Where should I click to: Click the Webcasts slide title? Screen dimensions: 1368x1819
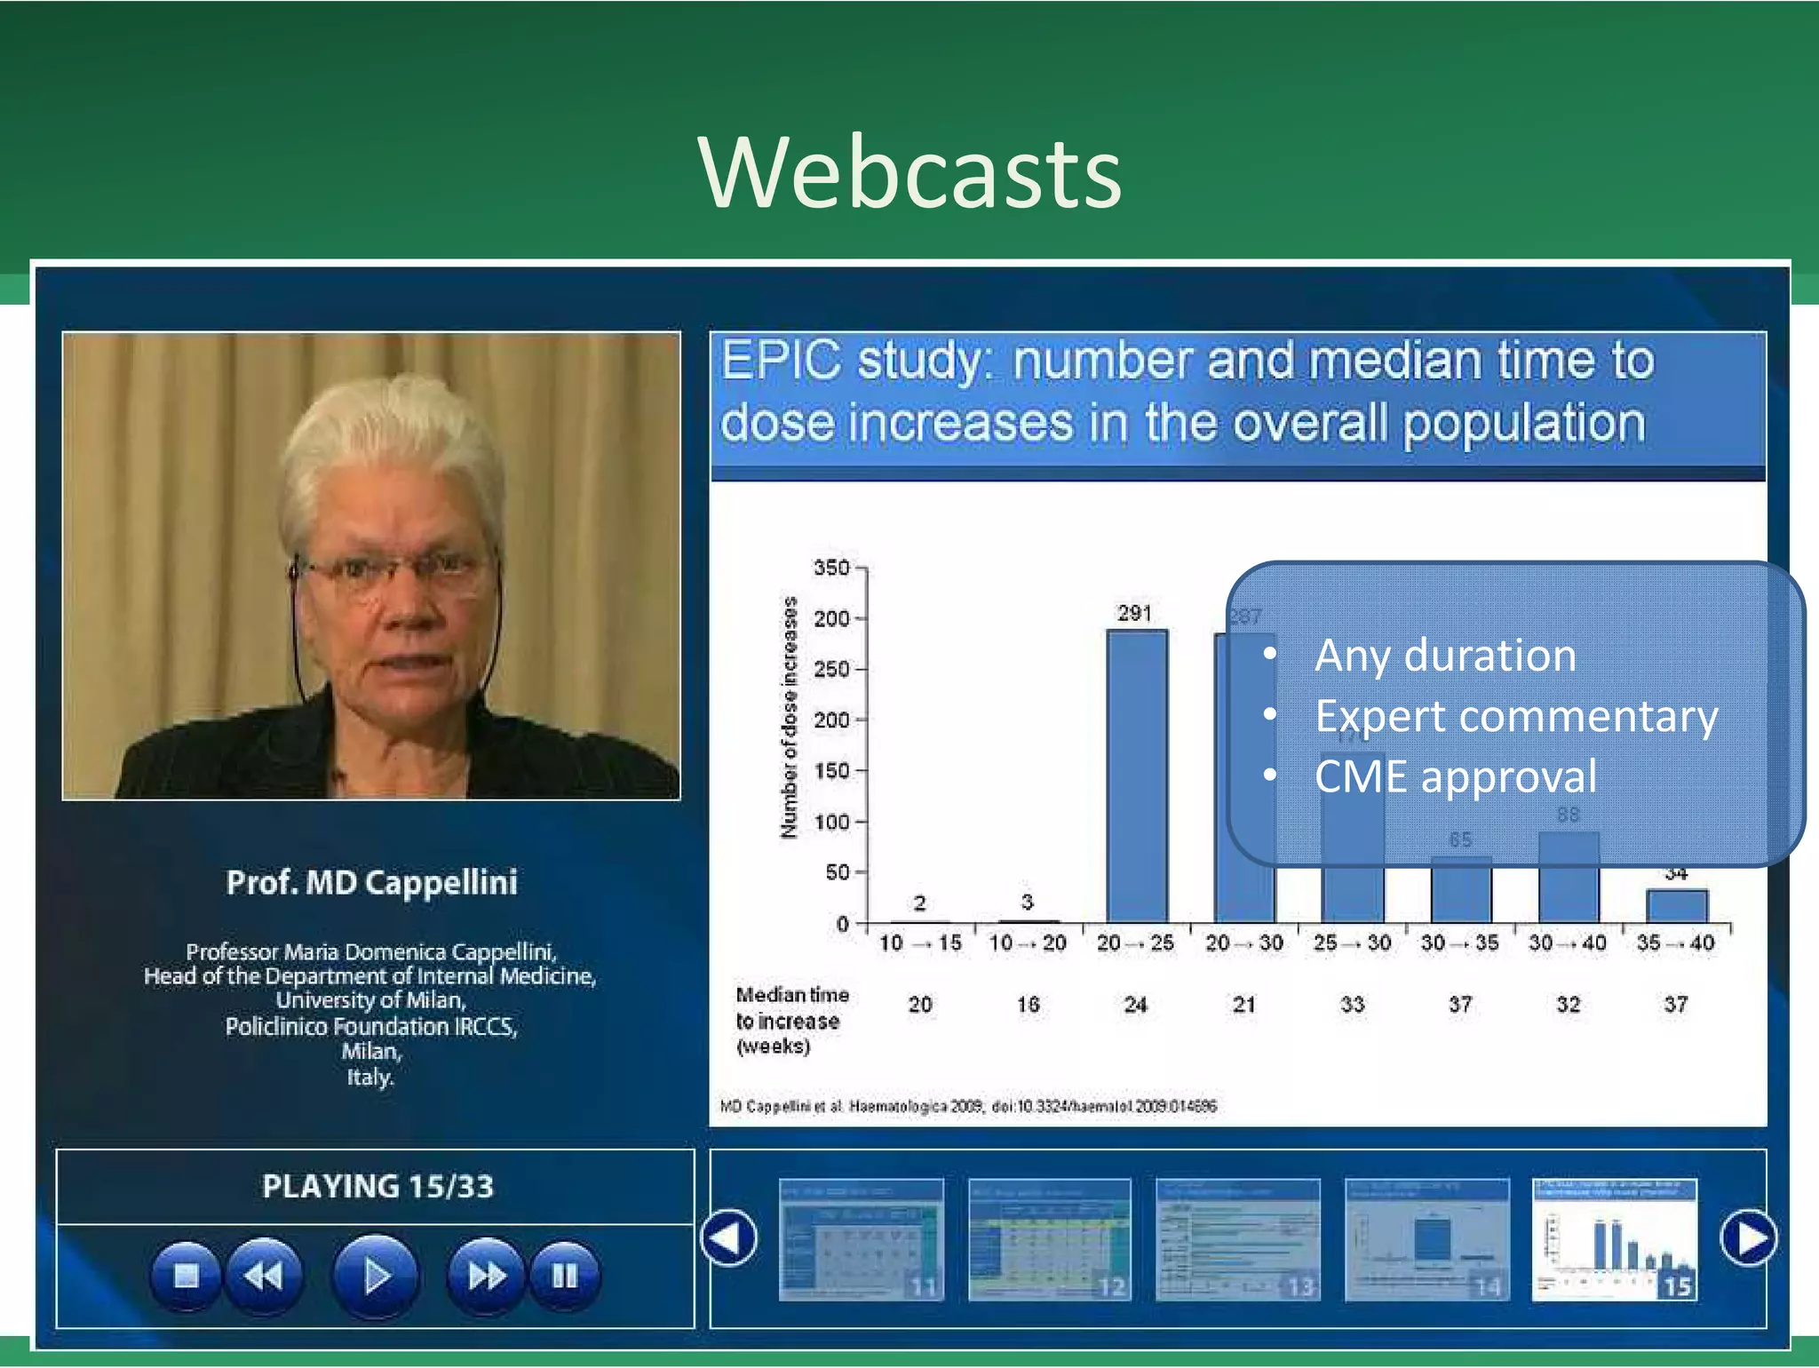909,173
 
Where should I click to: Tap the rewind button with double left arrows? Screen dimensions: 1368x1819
264,1276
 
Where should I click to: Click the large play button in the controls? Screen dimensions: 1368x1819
376,1276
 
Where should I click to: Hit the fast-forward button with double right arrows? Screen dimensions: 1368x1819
487,1276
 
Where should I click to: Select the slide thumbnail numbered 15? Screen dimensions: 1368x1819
1615,1239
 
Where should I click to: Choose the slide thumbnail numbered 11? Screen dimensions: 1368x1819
860,1239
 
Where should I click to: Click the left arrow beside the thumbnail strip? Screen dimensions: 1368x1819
728,1237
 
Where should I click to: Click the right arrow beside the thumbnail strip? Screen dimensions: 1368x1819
1748,1237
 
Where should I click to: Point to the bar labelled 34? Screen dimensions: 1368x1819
1676,905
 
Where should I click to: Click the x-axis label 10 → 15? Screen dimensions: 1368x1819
920,943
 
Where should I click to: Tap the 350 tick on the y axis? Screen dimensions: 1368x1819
831,568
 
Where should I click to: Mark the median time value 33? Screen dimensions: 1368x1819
1352,1005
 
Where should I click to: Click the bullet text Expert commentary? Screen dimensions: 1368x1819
1515,716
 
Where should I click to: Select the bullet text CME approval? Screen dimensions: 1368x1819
1455,776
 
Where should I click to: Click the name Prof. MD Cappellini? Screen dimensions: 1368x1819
371,882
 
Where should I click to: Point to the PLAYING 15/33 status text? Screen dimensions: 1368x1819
377,1186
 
